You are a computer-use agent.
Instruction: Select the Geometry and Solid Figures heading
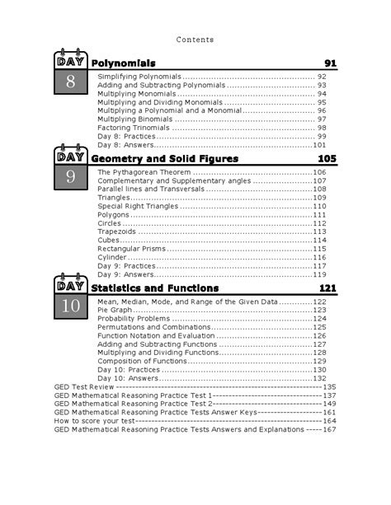[164, 158]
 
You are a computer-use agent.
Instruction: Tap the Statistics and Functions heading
[154, 288]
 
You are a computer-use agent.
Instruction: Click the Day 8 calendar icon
[71, 73]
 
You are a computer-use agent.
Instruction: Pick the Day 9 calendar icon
[71, 168]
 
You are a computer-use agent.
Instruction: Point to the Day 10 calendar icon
[71, 298]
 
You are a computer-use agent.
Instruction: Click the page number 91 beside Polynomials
[330, 63]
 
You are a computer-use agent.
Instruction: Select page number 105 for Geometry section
[327, 158]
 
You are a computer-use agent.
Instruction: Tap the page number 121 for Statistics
[327, 288]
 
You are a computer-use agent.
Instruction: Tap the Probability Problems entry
[134, 318]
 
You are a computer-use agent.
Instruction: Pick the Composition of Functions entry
[140, 361]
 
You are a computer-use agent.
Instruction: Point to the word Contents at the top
[195, 40]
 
